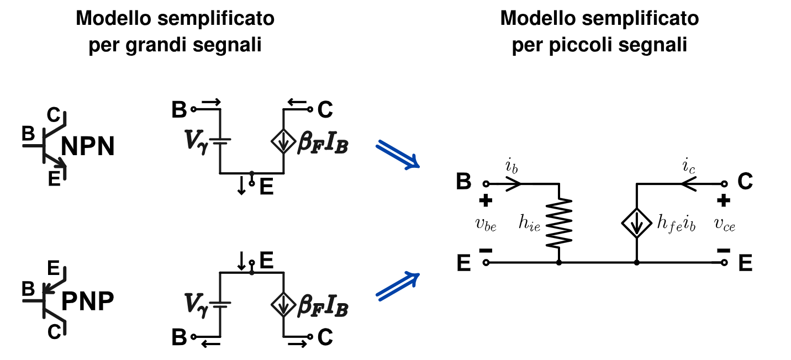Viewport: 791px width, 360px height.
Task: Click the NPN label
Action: pyautogui.click(x=88, y=147)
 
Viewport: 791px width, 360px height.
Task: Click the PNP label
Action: pyautogui.click(x=88, y=301)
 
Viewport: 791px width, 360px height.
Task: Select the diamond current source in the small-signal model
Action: pyautogui.click(x=637, y=223)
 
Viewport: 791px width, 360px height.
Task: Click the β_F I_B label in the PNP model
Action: pyautogui.click(x=323, y=305)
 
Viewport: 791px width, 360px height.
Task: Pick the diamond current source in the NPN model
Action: pyautogui.click(x=283, y=143)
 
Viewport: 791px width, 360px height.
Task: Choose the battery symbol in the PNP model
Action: pyautogui.click(x=220, y=304)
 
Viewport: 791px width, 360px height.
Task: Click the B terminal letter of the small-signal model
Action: pyautogui.click(x=464, y=182)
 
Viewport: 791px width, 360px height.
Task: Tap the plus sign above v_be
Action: pyautogui.click(x=486, y=201)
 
